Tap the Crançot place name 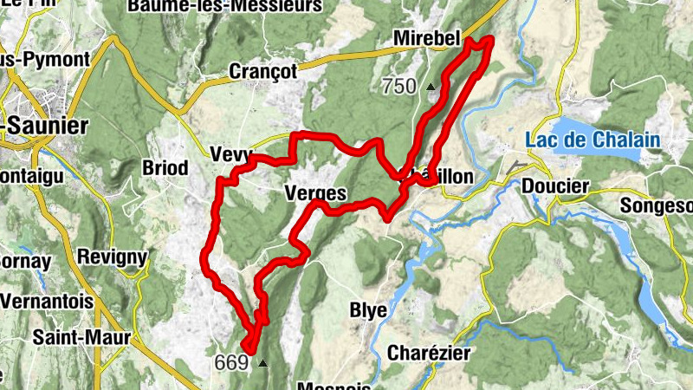coord(263,70)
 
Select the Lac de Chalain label coord(593,140)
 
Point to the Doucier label coord(555,185)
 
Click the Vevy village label coord(230,155)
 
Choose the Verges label coord(315,193)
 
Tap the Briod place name coord(164,166)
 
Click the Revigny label coord(112,257)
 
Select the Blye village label coord(367,310)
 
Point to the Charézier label coord(428,353)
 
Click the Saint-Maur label coord(82,336)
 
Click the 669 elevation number coord(231,362)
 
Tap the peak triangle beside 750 coord(431,87)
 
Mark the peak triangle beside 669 coord(262,363)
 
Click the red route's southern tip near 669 coord(249,348)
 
